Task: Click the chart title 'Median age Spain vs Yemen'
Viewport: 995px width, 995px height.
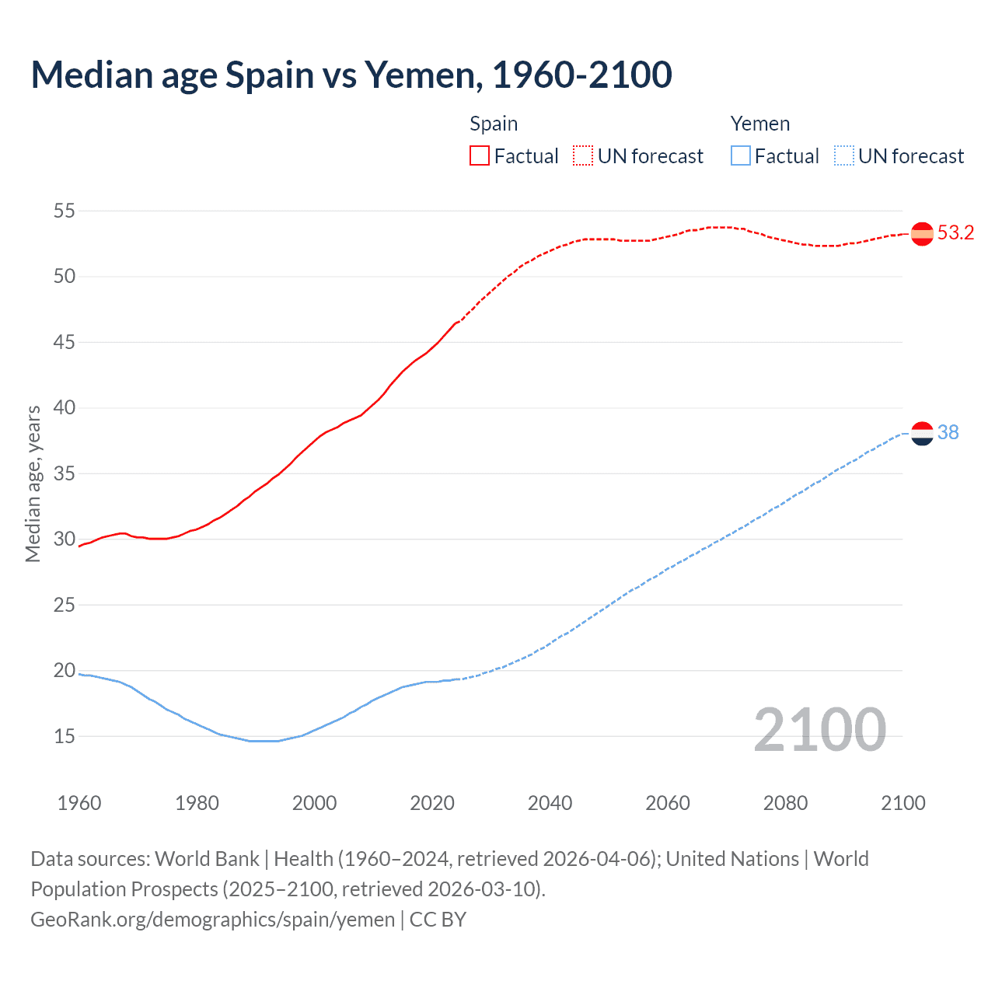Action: click(351, 75)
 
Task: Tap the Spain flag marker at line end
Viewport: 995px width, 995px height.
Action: click(922, 233)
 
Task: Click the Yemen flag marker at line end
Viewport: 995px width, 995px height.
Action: click(922, 434)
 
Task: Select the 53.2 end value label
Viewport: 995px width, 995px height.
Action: click(955, 233)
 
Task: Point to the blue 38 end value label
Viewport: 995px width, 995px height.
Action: click(948, 433)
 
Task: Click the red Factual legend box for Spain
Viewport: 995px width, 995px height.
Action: click(480, 156)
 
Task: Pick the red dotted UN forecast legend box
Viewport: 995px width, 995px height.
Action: click(583, 156)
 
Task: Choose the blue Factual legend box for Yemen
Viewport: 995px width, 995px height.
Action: click(741, 156)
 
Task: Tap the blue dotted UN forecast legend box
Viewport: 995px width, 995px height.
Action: click(843, 156)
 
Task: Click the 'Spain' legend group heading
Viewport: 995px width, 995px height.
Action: click(494, 124)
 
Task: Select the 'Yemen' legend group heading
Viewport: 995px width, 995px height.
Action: click(760, 124)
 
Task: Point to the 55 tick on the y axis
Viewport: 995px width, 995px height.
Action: click(65, 211)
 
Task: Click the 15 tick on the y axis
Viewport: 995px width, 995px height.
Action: click(65, 736)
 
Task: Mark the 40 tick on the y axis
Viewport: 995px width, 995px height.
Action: click(65, 408)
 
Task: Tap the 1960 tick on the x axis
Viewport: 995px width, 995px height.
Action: click(79, 803)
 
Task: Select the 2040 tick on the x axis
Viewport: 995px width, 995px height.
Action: click(550, 803)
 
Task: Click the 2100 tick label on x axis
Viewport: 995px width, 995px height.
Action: click(903, 803)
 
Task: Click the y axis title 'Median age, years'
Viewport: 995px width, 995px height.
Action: click(33, 484)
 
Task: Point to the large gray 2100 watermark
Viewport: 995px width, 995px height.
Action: click(819, 730)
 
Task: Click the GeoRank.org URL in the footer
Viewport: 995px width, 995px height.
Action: click(212, 920)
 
